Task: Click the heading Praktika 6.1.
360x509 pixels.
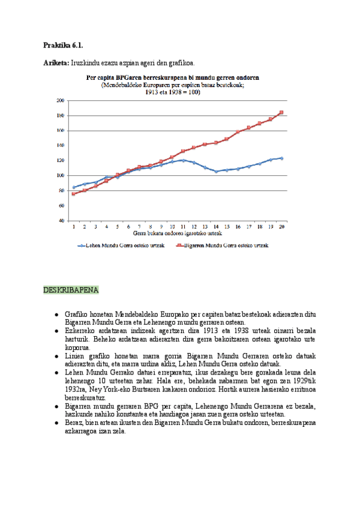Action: [63, 46]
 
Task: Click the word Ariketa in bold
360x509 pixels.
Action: [56, 62]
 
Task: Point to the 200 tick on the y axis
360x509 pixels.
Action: [60, 100]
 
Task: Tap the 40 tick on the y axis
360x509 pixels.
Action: [61, 220]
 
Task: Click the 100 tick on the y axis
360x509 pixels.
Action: [60, 175]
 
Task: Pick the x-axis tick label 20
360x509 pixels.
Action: [281, 227]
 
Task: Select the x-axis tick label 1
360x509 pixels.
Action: [74, 227]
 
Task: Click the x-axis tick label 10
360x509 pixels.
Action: [172, 227]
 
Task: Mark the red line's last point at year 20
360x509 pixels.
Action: [281, 112]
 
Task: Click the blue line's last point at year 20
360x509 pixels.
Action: [281, 158]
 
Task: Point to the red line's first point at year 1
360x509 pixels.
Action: [74, 194]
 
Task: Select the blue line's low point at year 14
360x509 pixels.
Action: [216, 171]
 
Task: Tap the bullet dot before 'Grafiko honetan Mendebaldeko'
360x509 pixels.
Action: [56, 314]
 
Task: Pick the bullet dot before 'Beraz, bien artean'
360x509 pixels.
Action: [56, 423]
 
